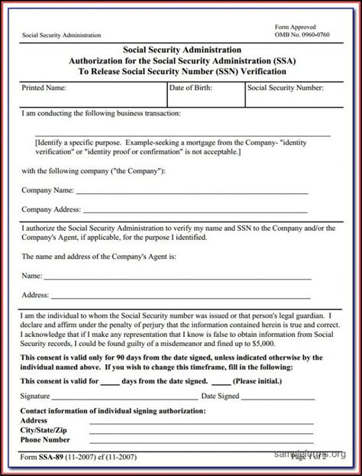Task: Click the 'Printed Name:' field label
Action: coord(44,89)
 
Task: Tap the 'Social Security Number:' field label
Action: coord(284,89)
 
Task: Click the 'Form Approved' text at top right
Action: coord(296,27)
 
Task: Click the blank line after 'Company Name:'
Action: coord(191,191)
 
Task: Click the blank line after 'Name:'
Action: coord(176,277)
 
